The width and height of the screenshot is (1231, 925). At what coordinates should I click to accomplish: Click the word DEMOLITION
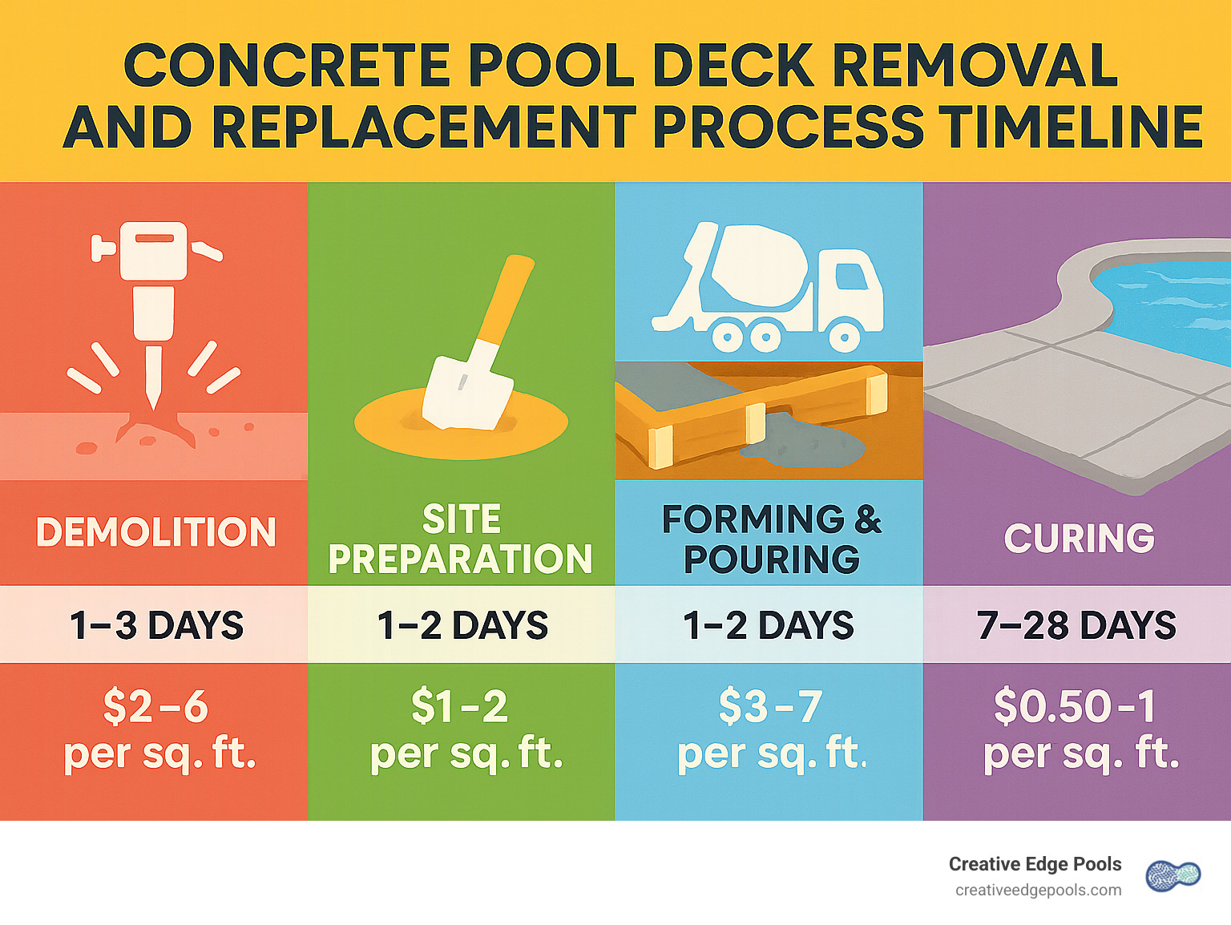point(156,532)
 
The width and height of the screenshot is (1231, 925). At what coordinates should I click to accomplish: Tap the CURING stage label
point(1079,538)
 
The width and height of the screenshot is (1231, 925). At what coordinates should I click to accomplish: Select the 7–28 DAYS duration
point(1076,625)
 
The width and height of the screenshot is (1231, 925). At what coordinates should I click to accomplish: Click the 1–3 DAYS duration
point(156,625)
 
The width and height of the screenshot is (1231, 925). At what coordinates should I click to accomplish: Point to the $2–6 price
point(155,706)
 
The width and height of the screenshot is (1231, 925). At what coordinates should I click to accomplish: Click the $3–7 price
point(770,706)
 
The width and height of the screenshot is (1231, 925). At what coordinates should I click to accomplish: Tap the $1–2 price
point(459,706)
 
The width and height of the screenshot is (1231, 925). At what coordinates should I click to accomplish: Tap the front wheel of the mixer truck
point(845,337)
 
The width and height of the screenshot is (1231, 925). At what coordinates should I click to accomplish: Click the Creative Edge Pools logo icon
point(1173,875)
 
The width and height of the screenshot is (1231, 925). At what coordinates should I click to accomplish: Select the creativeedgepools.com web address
point(1038,891)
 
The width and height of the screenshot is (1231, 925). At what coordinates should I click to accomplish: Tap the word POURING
point(771,559)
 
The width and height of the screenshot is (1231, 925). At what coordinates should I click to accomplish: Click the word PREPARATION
point(460,559)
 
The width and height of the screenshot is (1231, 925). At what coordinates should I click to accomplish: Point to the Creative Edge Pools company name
point(1035,864)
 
